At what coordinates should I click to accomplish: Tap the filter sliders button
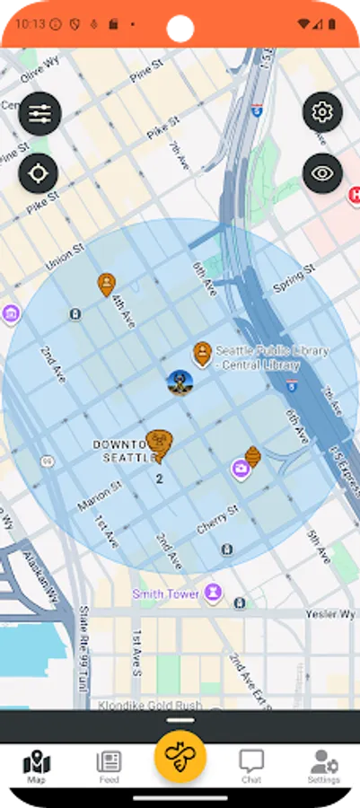coord(40,114)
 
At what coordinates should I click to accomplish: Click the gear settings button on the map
coord(321,112)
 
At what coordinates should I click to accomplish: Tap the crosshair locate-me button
coord(39,173)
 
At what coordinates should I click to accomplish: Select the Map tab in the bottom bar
coord(37,766)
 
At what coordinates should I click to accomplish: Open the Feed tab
coord(110,766)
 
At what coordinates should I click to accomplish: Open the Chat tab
coord(251,766)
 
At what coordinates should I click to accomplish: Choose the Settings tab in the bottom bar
coord(323,766)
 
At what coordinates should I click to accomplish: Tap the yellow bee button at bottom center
coord(180,757)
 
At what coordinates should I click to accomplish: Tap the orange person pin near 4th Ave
coord(107,285)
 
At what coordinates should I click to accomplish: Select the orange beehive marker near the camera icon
coord(253,456)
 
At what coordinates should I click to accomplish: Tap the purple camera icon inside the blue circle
coord(240,468)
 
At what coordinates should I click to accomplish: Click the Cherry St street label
coord(217,520)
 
